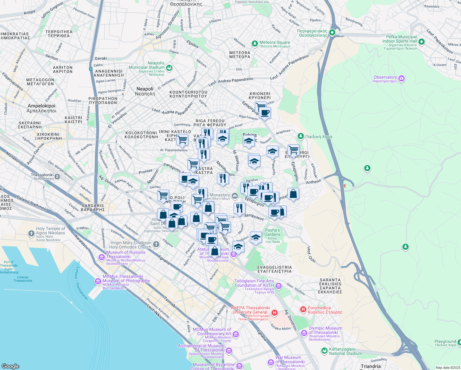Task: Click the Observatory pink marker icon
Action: (x=401, y=79)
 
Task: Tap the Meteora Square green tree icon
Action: (x=255, y=43)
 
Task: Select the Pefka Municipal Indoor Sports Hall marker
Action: (x=422, y=42)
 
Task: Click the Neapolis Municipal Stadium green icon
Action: (x=169, y=68)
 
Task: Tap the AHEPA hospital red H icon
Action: (x=274, y=313)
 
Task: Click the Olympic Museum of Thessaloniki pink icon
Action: (x=304, y=333)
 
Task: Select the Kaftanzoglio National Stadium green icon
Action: (x=324, y=351)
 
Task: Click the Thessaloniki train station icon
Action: (x=57, y=177)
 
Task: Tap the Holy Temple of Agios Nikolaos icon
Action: (x=31, y=234)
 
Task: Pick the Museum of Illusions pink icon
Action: (x=101, y=257)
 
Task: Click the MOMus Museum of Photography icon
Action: (x=98, y=281)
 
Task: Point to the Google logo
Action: (x=10, y=366)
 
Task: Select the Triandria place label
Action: (x=371, y=366)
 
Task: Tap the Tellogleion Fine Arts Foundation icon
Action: (x=279, y=286)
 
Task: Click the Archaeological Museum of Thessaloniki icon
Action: (x=229, y=351)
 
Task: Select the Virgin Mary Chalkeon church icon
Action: (x=156, y=245)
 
